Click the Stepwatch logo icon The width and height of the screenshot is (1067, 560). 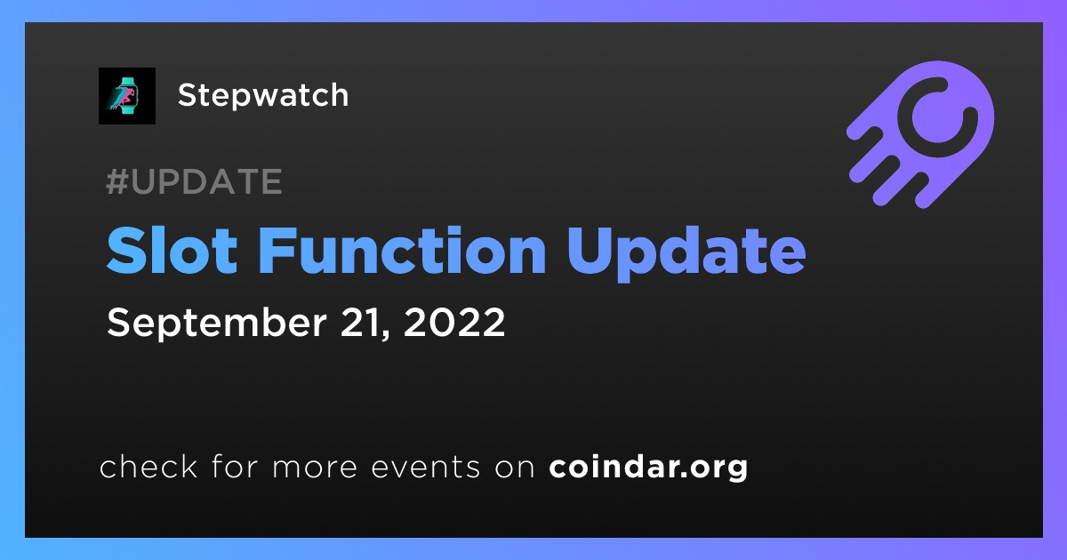(126, 96)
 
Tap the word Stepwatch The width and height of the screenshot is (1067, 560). (263, 96)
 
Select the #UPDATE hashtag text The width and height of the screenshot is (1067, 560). (194, 181)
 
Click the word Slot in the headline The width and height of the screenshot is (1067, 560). (172, 251)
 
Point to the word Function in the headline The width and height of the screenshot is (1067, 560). (402, 251)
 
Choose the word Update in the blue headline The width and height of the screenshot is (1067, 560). (686, 253)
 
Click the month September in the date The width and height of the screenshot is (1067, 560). (217, 324)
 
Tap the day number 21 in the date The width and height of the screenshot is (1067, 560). (365, 323)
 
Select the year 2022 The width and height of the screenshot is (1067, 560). (454, 323)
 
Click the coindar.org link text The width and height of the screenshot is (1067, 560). (648, 468)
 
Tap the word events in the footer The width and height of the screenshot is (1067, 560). (425, 468)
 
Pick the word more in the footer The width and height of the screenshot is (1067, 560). (315, 468)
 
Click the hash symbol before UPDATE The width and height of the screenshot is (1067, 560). (117, 181)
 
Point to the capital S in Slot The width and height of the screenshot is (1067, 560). (125, 251)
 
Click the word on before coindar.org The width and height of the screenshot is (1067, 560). (515, 468)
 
